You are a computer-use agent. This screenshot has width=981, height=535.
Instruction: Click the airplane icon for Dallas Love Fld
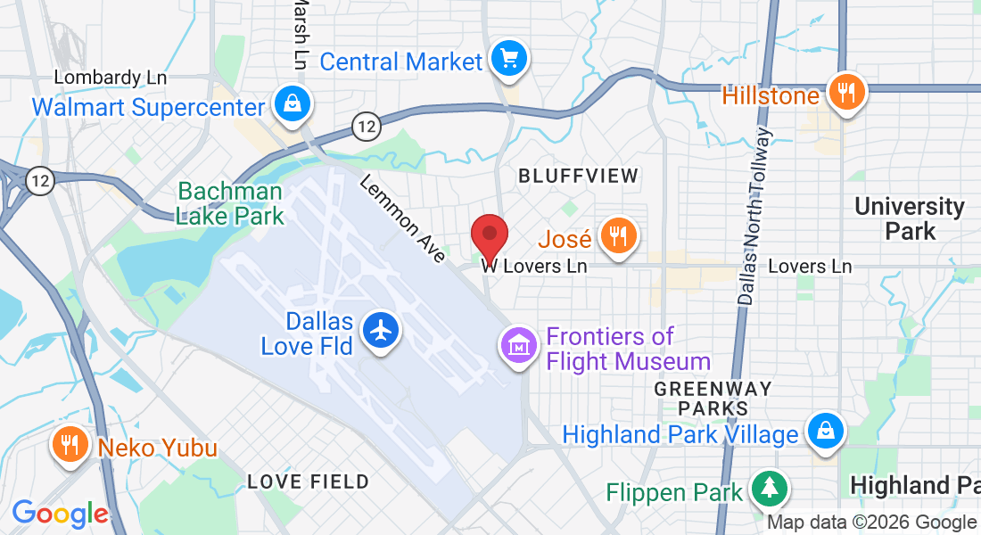pyautogui.click(x=381, y=331)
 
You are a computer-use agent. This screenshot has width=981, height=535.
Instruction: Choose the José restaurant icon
pyautogui.click(x=616, y=236)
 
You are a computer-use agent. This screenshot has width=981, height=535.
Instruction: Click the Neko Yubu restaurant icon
pyautogui.click(x=70, y=444)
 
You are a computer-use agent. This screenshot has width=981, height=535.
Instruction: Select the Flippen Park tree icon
pyautogui.click(x=767, y=489)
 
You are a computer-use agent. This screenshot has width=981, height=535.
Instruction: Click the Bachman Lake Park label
pyautogui.click(x=230, y=203)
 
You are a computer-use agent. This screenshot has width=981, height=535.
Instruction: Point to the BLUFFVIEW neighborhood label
pyautogui.click(x=579, y=176)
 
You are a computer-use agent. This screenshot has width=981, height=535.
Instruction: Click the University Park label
pyautogui.click(x=909, y=218)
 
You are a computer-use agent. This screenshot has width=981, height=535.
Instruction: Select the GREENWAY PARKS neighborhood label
pyautogui.click(x=713, y=399)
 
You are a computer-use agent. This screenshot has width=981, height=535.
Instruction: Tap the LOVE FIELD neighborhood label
pyautogui.click(x=308, y=481)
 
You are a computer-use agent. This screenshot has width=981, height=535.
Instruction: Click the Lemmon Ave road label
pyautogui.click(x=402, y=218)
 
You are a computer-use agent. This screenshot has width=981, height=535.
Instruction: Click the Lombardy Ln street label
pyautogui.click(x=111, y=78)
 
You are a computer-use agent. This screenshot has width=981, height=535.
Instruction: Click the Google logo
pyautogui.click(x=60, y=514)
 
